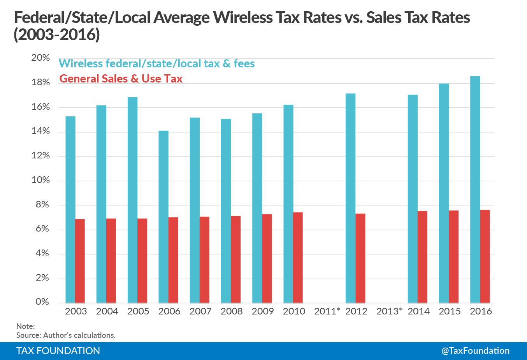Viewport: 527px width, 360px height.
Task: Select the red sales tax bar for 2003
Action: pyautogui.click(x=80, y=261)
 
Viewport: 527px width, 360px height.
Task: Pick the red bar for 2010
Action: pyautogui.click(x=298, y=257)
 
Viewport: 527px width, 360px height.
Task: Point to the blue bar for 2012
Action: pyautogui.click(x=350, y=198)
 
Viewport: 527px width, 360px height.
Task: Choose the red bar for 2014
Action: pyautogui.click(x=422, y=257)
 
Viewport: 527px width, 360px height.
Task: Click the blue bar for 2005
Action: pyautogui.click(x=132, y=200)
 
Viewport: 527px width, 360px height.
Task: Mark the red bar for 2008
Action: pyautogui.click(x=235, y=259)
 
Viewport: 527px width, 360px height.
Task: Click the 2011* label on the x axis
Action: pyautogui.click(x=327, y=311)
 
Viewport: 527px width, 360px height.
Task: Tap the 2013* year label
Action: pyautogui.click(x=389, y=311)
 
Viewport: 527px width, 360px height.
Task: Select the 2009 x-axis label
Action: pyautogui.click(x=263, y=311)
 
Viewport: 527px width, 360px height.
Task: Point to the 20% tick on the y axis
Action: pyautogui.click(x=40, y=58)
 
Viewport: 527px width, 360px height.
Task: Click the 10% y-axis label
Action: pyautogui.click(x=40, y=180)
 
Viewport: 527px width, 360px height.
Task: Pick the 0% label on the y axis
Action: pyautogui.click(x=42, y=302)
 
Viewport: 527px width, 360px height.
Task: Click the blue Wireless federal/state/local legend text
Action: pyautogui.click(x=156, y=64)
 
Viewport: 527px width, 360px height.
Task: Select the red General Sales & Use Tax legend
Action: pyautogui.click(x=121, y=79)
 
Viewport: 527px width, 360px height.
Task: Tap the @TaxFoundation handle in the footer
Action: pyautogui.click(x=475, y=351)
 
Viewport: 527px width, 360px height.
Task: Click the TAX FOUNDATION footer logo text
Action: pyautogui.click(x=58, y=351)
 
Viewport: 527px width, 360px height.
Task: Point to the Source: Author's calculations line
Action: pyautogui.click(x=66, y=335)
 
